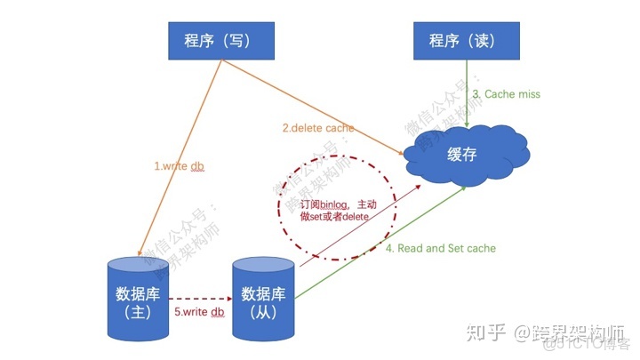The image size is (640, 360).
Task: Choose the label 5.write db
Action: [x=198, y=311]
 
